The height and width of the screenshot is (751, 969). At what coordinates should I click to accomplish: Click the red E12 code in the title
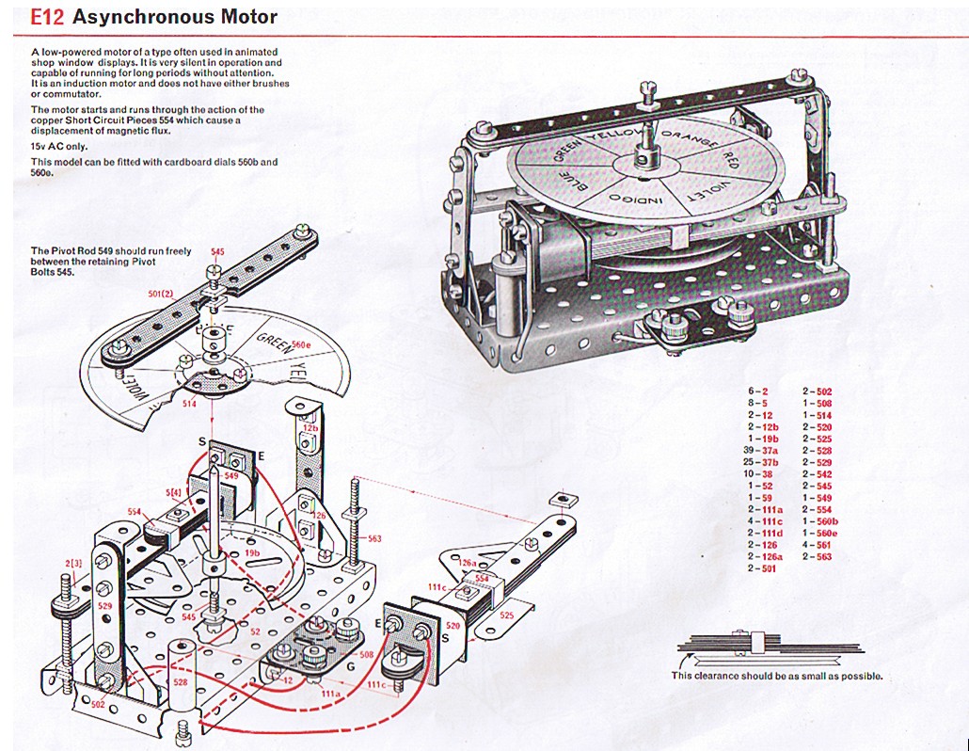[47, 17]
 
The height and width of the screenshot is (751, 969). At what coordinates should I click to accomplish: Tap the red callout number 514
[190, 404]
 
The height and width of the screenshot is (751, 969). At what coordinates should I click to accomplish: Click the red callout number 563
[374, 538]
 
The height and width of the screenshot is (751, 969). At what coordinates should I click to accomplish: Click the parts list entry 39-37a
[761, 452]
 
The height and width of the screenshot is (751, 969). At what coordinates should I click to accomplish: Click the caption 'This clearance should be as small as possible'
[776, 676]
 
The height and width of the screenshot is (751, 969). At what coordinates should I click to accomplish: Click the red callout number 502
[98, 703]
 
